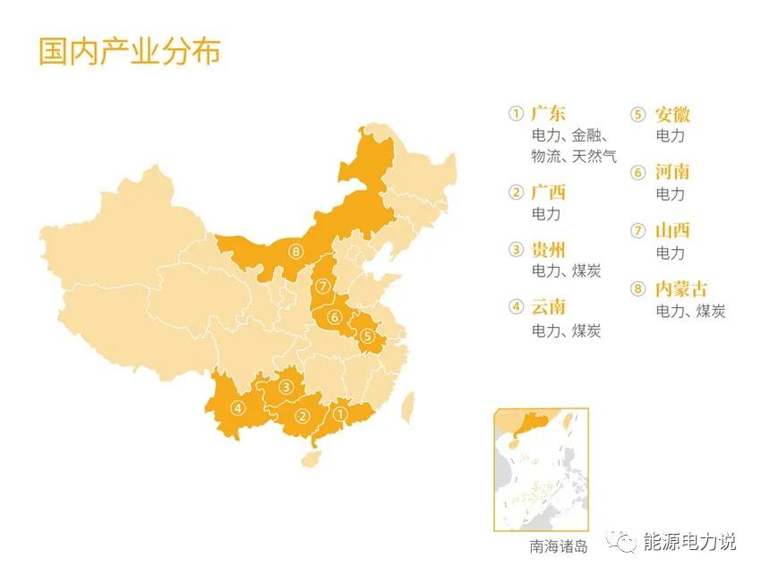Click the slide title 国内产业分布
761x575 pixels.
[x=129, y=51]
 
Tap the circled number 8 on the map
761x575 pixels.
[x=296, y=252]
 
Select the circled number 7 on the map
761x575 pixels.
[x=323, y=287]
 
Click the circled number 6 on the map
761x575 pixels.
[x=334, y=316]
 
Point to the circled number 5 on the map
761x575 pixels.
[x=367, y=337]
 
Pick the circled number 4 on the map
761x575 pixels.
[x=237, y=408]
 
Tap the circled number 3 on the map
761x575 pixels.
[x=286, y=387]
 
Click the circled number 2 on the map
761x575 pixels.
[x=303, y=416]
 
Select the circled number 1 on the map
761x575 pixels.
[x=339, y=414]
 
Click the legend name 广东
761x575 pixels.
[x=549, y=115]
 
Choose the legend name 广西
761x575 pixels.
[x=549, y=193]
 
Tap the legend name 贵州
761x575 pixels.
[x=549, y=251]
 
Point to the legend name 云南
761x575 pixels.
[x=549, y=308]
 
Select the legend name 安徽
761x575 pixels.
[x=673, y=115]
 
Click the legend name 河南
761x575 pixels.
[x=673, y=172]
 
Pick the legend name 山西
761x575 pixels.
[x=673, y=231]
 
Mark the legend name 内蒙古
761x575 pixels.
[x=681, y=289]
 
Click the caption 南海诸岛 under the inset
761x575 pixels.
[x=559, y=545]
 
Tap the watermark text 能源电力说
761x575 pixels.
[x=690, y=542]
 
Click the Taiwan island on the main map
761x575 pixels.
[x=407, y=406]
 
